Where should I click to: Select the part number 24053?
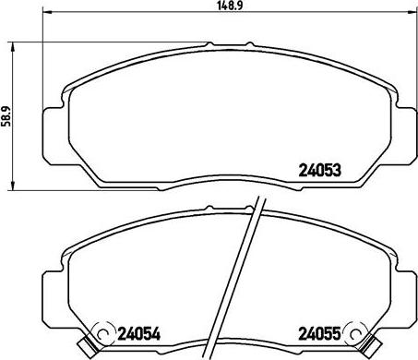coord(319,169)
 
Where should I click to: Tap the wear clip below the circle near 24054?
coord(88,351)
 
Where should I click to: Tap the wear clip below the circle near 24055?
coord(373,351)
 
